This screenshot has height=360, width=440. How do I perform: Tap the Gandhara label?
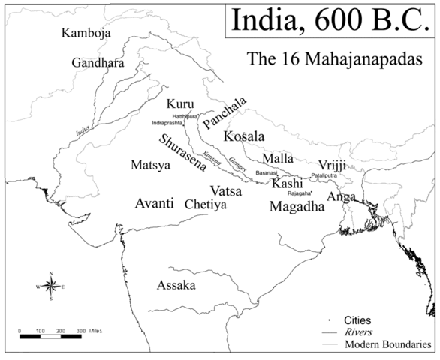(x=98, y=63)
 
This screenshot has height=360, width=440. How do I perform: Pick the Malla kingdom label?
(x=277, y=159)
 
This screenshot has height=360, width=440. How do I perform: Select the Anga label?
(x=342, y=197)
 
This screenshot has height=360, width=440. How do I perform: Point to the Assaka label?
(x=176, y=286)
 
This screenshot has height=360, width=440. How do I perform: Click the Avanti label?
(x=155, y=203)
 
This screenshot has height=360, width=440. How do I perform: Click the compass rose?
(x=50, y=286)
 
